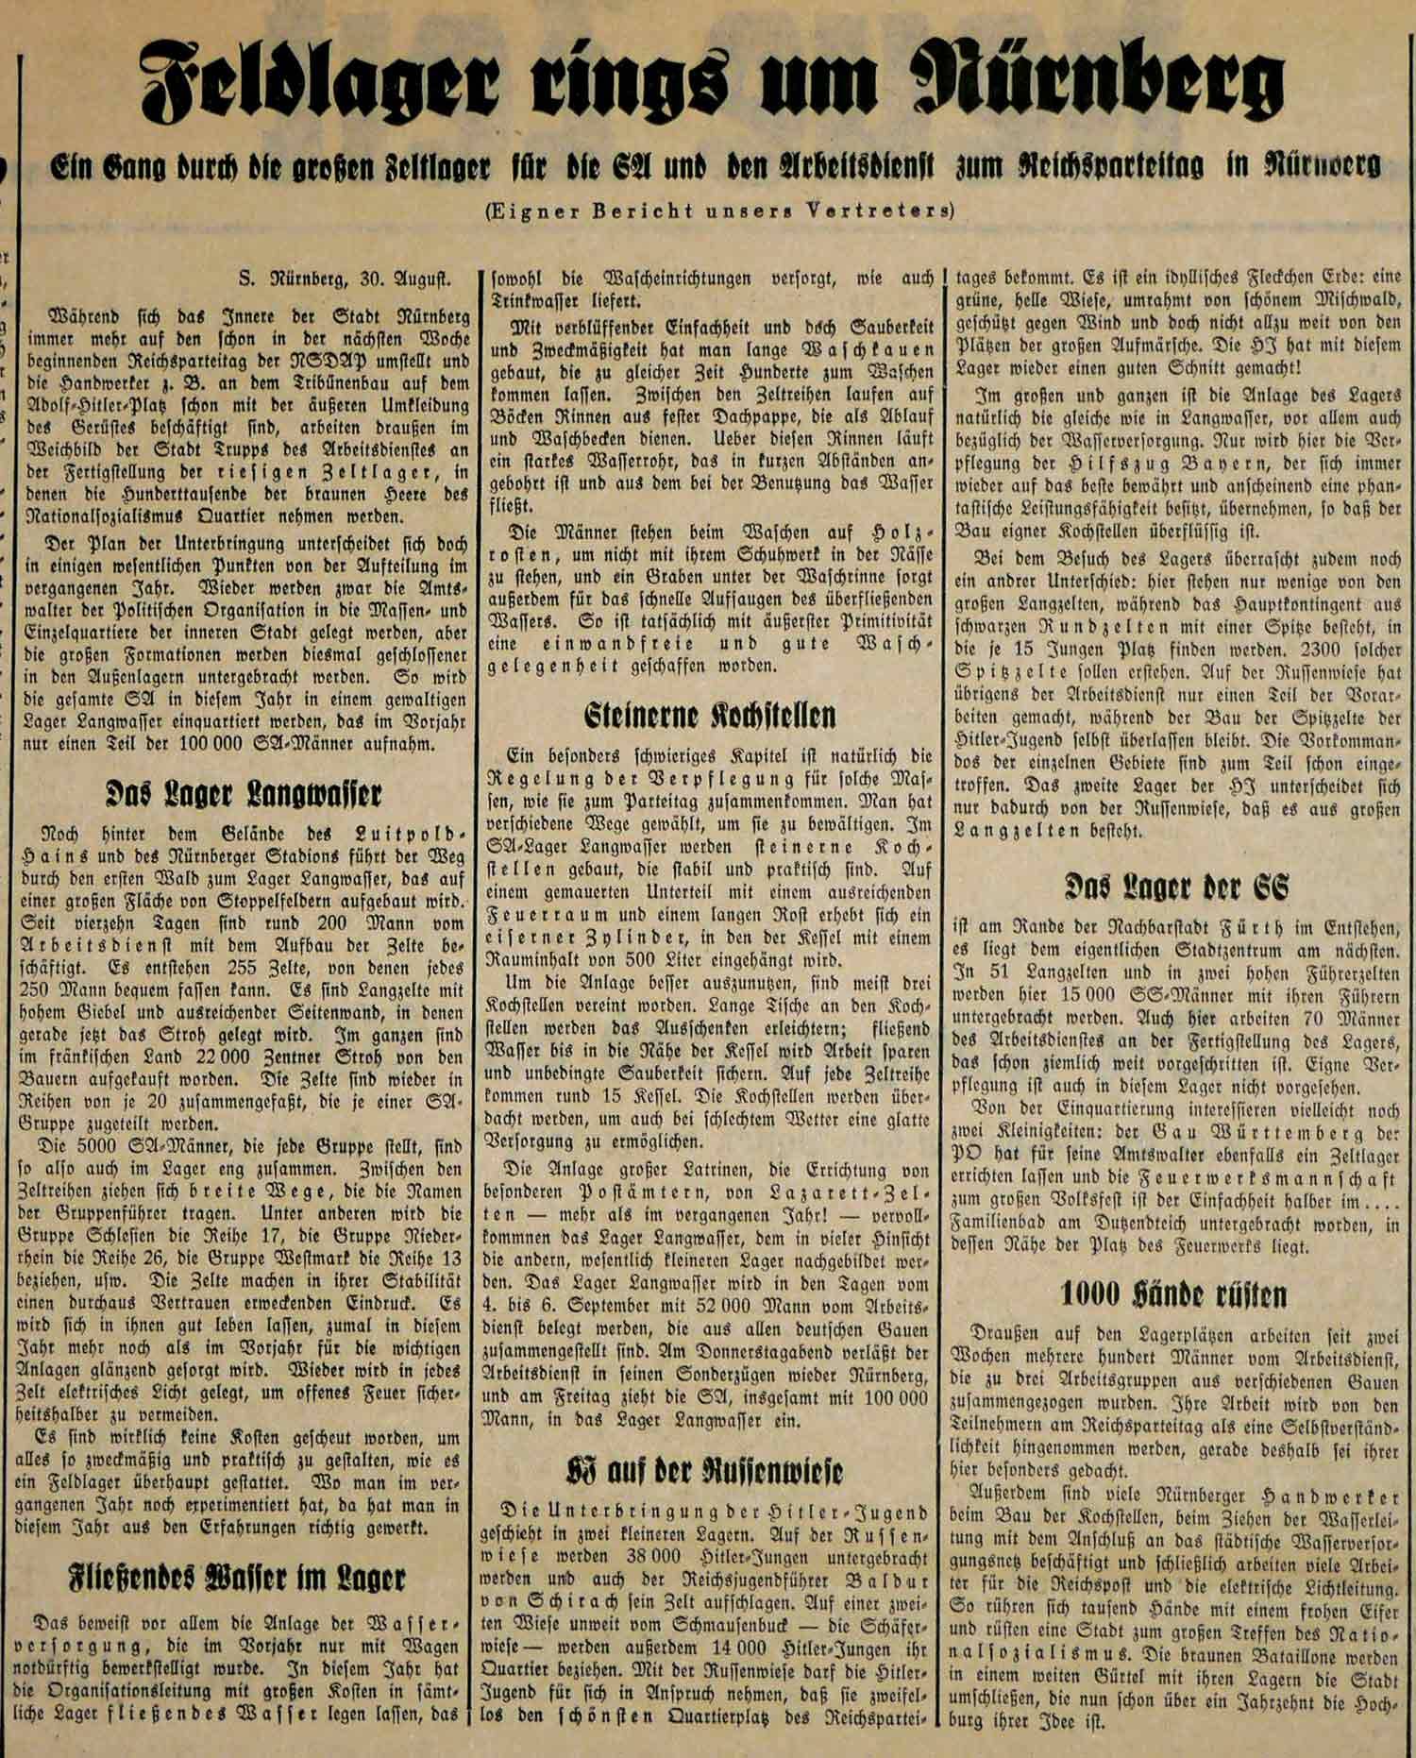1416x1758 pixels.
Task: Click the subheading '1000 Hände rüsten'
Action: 1176,1293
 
